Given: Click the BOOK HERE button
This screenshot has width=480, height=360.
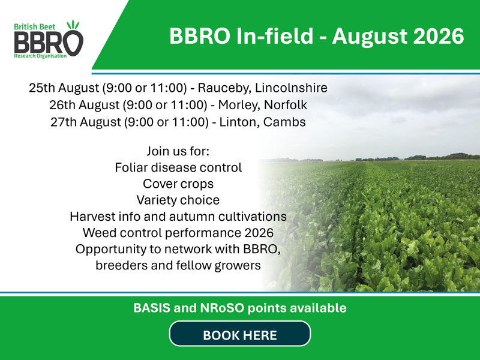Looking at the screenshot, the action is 240,334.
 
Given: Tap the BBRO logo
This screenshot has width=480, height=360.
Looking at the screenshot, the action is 49,39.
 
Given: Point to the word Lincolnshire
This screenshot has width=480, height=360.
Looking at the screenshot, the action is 291,88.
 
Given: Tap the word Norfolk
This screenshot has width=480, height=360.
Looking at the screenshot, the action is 286,104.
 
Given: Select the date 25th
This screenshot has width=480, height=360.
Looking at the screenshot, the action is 42,88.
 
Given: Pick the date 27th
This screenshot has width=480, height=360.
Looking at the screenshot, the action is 64,122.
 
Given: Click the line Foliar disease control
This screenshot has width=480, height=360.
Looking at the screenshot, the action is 178,167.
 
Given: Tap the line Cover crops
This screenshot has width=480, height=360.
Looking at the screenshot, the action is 178,184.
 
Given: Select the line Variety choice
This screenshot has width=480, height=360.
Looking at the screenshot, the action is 178,200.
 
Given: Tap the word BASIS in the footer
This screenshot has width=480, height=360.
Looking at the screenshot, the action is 152,308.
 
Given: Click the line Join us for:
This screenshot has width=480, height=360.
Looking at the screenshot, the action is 178,151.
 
